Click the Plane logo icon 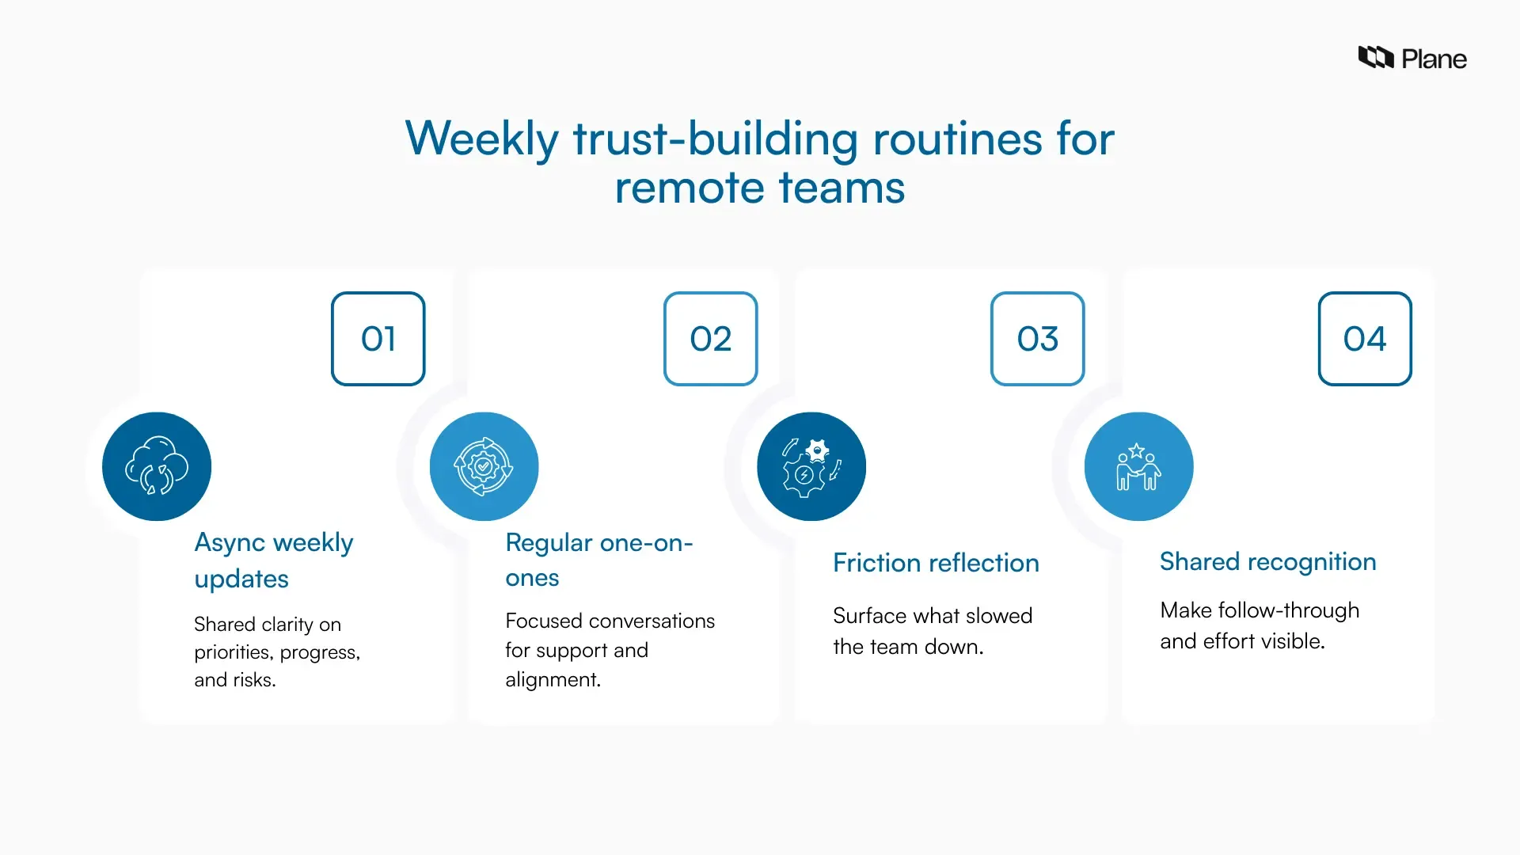click(x=1376, y=58)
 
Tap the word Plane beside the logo click(x=1434, y=59)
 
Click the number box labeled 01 click(x=378, y=339)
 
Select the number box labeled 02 click(x=711, y=339)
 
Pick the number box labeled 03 click(x=1038, y=339)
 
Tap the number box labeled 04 click(x=1365, y=339)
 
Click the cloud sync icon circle click(x=157, y=466)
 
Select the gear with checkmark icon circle click(x=484, y=466)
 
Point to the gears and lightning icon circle click(x=811, y=466)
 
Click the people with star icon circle click(x=1138, y=466)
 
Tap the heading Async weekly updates click(x=273, y=560)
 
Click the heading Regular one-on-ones click(x=598, y=560)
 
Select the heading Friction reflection click(x=936, y=563)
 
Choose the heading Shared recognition click(x=1267, y=561)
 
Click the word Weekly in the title click(x=481, y=139)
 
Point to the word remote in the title click(x=689, y=188)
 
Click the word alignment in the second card click(x=553, y=680)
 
